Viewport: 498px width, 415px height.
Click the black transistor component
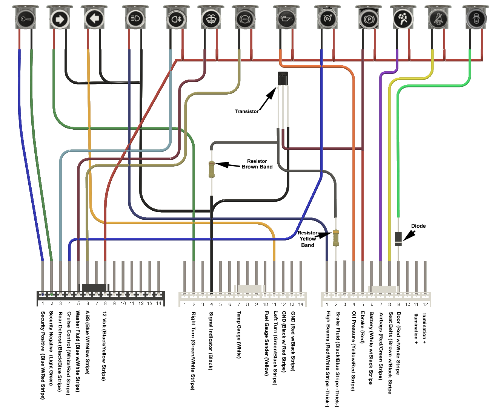[283, 78]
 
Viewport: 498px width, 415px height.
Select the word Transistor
[246, 112]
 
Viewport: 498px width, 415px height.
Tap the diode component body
[398, 239]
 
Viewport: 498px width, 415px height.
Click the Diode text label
[418, 226]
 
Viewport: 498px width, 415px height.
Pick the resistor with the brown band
[212, 170]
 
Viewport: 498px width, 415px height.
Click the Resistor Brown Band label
[257, 164]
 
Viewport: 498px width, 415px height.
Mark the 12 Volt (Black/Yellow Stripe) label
[104, 346]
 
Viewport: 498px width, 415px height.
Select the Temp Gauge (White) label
[239, 334]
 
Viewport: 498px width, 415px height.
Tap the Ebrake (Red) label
[363, 327]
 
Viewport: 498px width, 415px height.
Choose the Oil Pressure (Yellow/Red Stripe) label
[354, 351]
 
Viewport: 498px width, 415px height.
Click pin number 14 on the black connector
[159, 303]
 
